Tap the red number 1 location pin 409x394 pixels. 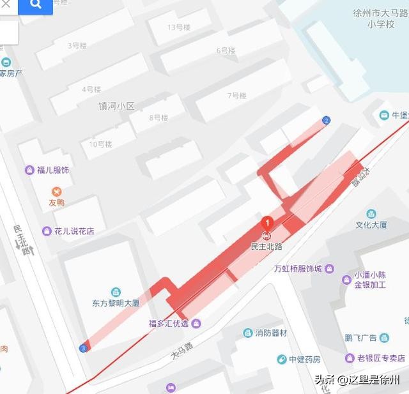[267, 223]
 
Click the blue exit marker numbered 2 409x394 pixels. [327, 120]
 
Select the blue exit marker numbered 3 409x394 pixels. [83, 347]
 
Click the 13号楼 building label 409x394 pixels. [179, 27]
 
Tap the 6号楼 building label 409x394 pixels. [226, 50]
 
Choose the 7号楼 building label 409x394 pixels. [237, 96]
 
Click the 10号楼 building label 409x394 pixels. [100, 144]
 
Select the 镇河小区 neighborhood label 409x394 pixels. [116, 106]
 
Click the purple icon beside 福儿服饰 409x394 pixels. [29, 170]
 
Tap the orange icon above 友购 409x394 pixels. [57, 192]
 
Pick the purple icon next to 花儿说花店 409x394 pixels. [47, 231]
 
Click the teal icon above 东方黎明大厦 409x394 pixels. [115, 291]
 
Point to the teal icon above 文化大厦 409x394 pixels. [371, 214]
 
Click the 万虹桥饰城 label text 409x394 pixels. [297, 269]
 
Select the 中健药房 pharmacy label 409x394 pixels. [304, 359]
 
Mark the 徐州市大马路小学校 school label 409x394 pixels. [380, 18]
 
